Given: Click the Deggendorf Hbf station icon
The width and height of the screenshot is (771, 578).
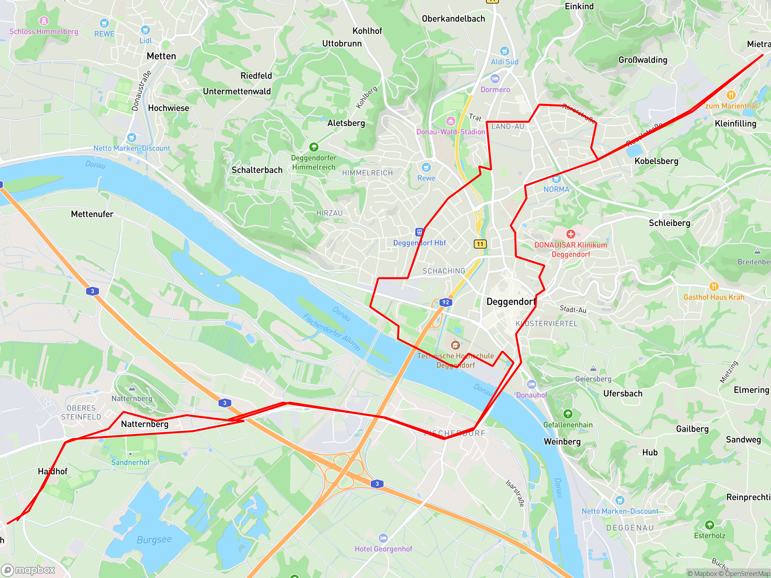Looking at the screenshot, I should point(419,232).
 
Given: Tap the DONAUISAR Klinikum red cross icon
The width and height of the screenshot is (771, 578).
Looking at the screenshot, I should point(571,234).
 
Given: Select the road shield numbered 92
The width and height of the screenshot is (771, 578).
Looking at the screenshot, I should point(446,302).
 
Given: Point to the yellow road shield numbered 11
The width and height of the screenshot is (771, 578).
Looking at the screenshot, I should point(480,244).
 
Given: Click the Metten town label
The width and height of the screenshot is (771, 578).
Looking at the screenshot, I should point(161,56).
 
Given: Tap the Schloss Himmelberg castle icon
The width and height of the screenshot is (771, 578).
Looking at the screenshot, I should point(44,21).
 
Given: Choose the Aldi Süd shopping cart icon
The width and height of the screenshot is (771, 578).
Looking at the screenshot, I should point(504,51).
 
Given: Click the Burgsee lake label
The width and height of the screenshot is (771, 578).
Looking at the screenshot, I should point(154,540).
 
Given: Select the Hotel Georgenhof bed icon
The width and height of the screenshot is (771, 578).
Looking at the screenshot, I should point(383,538).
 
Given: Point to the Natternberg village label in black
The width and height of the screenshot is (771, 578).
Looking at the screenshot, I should point(145,424).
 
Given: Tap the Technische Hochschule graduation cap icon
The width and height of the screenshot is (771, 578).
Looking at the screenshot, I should point(455,345).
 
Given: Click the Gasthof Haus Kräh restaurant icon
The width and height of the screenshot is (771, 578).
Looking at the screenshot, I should point(714,286).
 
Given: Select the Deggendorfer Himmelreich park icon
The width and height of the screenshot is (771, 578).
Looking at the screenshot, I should point(314,147).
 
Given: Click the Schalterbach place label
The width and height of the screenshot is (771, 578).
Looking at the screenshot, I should point(257,170).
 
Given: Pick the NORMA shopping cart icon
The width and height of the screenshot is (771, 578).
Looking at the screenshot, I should point(556,179).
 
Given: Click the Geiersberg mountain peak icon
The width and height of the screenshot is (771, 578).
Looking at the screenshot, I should point(593,369).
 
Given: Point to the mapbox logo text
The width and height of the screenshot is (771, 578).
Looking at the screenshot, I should point(35,570).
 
